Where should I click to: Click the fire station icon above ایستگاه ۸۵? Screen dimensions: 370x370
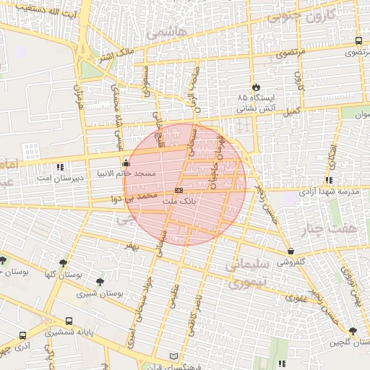pyautogui.click(x=255, y=86)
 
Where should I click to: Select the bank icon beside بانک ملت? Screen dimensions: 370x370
pyautogui.click(x=179, y=189)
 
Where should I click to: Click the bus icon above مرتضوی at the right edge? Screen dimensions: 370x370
pyautogui.click(x=359, y=41)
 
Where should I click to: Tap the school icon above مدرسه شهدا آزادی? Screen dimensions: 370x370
pyautogui.click(x=329, y=180)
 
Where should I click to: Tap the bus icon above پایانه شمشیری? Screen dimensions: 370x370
pyautogui.click(x=69, y=321)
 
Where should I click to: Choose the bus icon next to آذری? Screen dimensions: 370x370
pyautogui.click(x=22, y=336)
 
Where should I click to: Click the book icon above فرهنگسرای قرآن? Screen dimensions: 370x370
pyautogui.click(x=172, y=356)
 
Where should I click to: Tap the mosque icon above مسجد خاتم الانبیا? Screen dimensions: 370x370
pyautogui.click(x=127, y=163)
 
